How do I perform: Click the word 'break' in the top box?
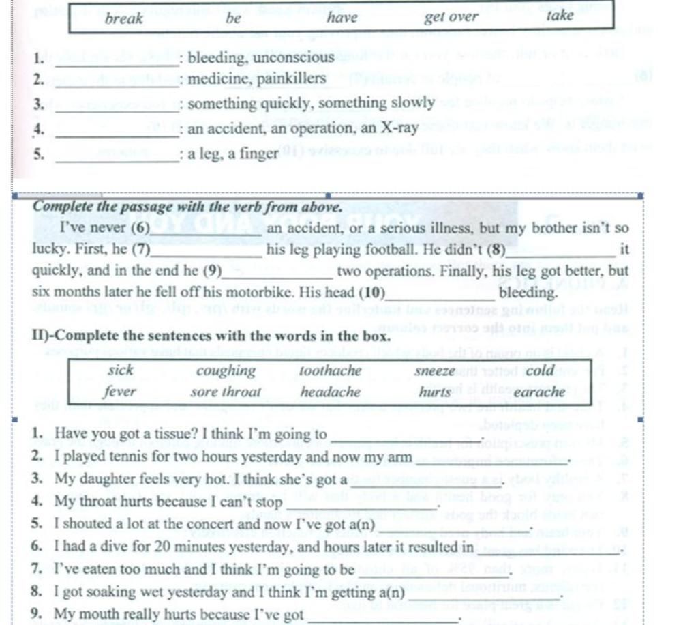click(x=124, y=18)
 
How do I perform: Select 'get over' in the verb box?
click(x=451, y=17)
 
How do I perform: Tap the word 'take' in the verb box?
click(x=560, y=16)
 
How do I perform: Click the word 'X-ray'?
click(x=399, y=128)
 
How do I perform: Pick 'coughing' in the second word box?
click(x=226, y=371)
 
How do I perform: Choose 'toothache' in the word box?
click(x=331, y=371)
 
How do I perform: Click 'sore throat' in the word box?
click(x=226, y=392)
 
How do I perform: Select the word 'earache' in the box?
click(x=539, y=392)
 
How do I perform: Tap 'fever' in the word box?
click(x=120, y=392)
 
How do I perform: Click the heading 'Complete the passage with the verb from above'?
click(x=186, y=206)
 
